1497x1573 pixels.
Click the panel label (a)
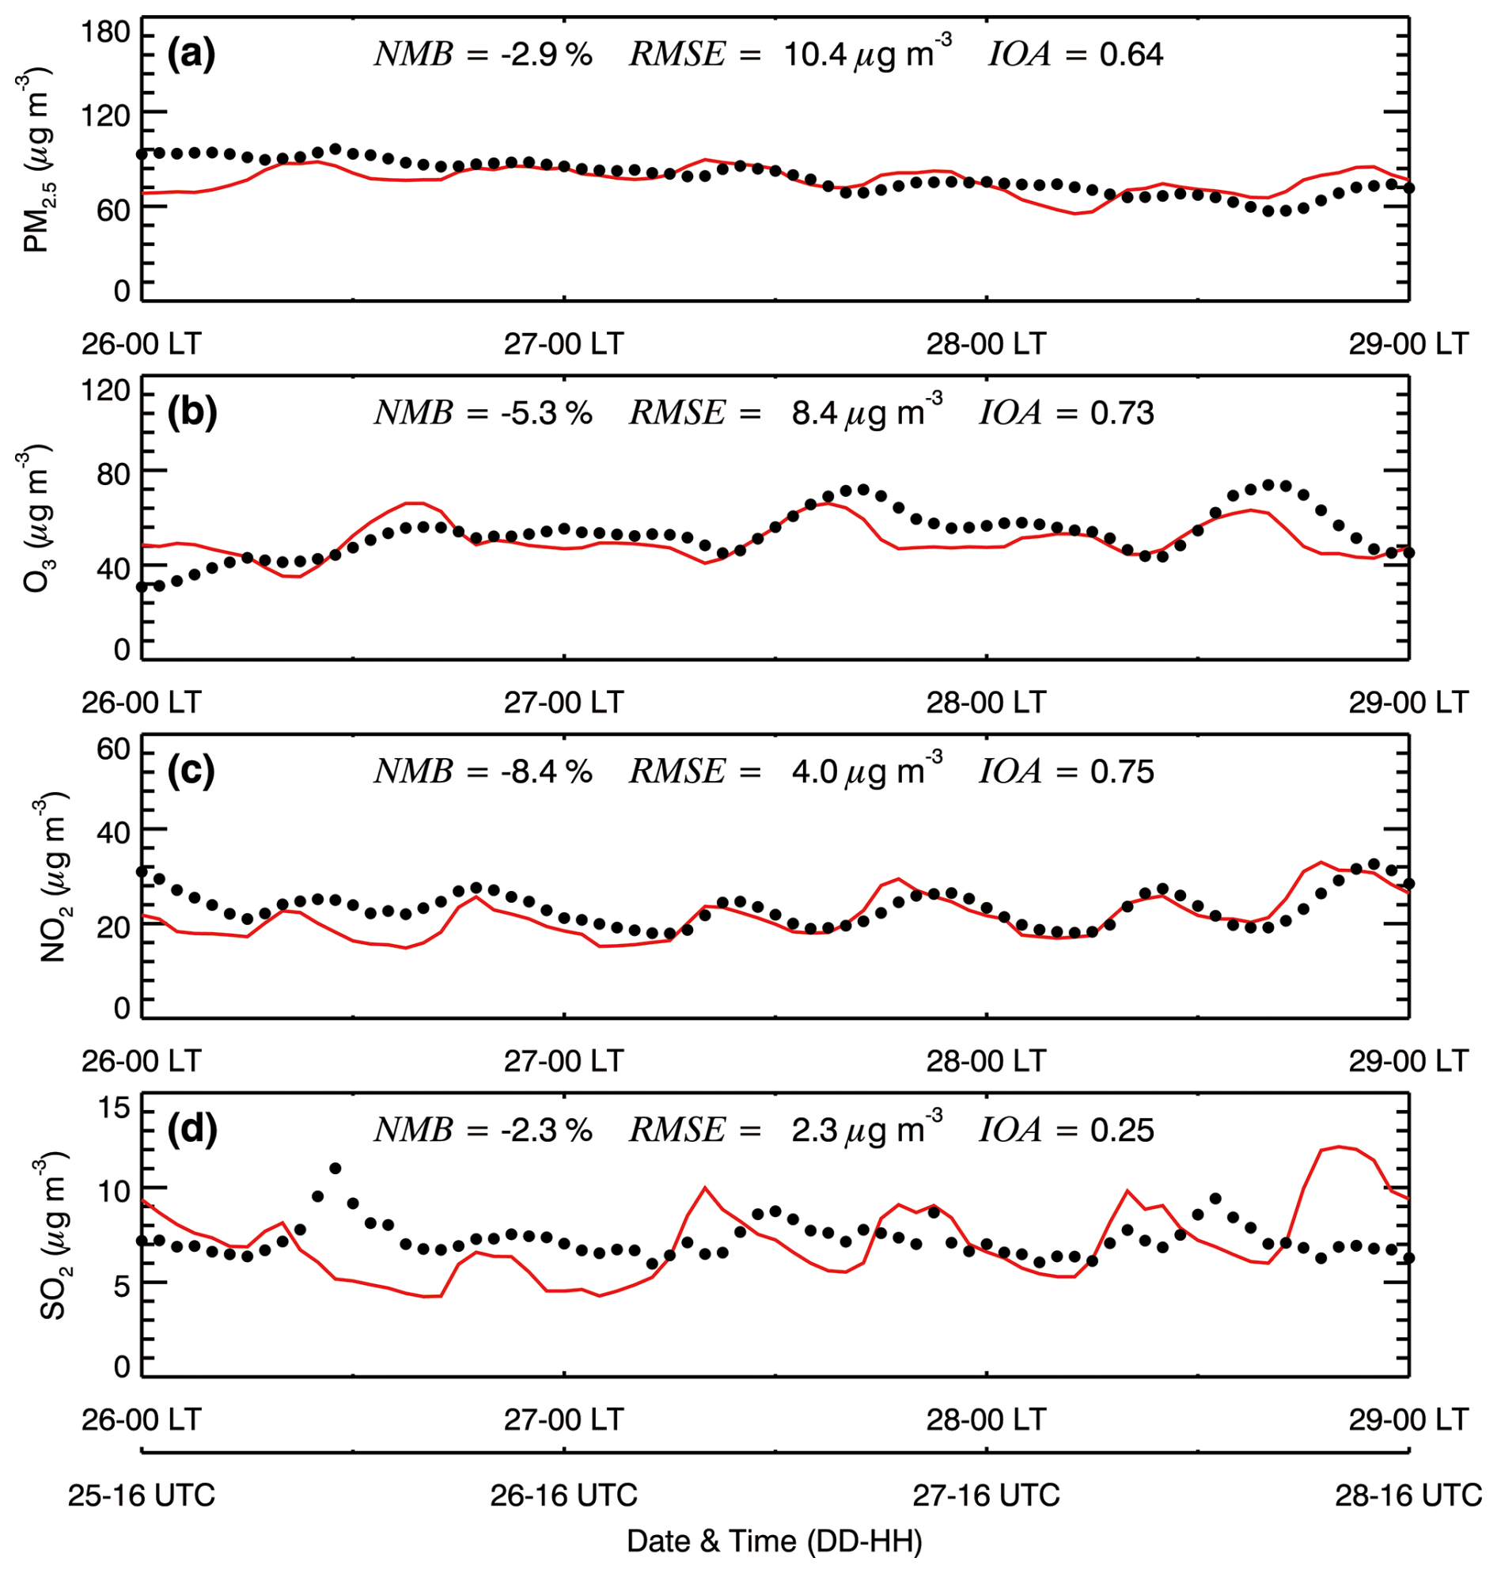click(191, 55)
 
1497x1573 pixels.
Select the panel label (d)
click(191, 1129)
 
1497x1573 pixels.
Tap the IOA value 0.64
click(1131, 55)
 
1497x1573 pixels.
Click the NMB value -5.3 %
click(548, 413)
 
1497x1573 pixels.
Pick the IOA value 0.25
click(1121, 1130)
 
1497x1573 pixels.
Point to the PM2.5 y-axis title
click(36, 160)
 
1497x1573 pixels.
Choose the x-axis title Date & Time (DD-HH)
click(775, 1541)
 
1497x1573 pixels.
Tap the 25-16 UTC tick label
click(142, 1494)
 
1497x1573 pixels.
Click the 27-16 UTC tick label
click(987, 1494)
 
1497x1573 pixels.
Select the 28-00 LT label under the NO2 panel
click(987, 1060)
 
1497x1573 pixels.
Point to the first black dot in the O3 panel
click(142, 586)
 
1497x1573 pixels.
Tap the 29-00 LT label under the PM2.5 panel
click(1408, 344)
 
